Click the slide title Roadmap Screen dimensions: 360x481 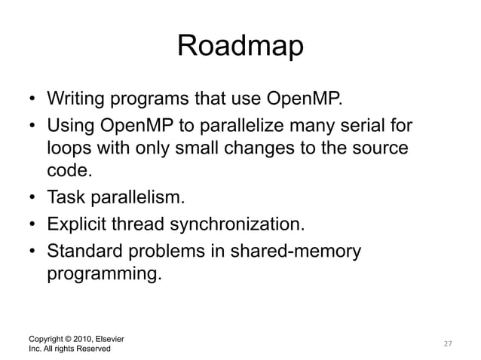(240, 47)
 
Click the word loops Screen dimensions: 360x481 (69, 147)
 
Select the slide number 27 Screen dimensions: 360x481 (447, 343)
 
